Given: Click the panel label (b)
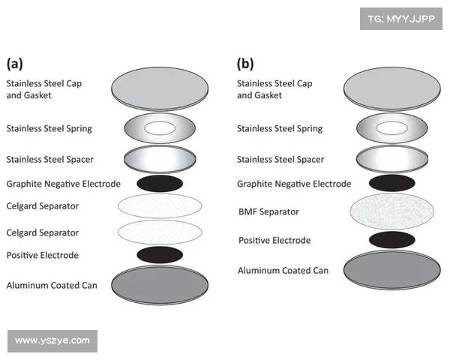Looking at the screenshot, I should (x=246, y=63).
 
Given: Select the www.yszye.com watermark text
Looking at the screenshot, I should (x=52, y=340).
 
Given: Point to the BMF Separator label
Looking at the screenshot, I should (x=268, y=212).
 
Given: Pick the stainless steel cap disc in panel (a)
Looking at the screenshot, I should (x=160, y=90).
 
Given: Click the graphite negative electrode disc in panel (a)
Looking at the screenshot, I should (x=160, y=183).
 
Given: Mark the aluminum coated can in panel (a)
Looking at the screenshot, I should (x=160, y=286).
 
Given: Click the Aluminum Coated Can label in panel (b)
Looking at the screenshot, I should (x=283, y=270).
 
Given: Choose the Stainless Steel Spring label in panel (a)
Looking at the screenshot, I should (x=49, y=129).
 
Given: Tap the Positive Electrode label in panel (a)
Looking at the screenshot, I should (x=42, y=256).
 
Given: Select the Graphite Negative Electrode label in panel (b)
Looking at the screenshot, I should (x=294, y=184).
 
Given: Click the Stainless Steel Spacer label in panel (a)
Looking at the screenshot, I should (x=49, y=160).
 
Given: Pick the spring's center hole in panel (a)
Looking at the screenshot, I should (x=160, y=128).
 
